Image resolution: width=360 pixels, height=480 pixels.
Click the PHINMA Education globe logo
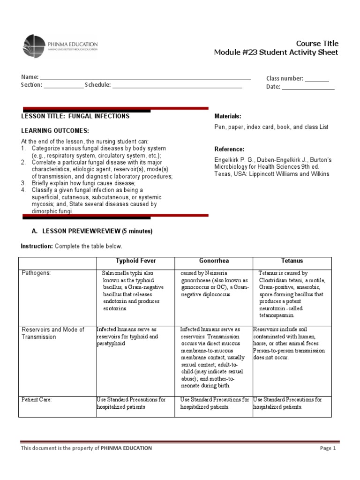[33, 45]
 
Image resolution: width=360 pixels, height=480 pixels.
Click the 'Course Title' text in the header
[317, 43]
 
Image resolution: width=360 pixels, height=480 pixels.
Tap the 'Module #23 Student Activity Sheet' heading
[276, 52]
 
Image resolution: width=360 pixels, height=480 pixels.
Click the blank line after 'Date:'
[308, 88]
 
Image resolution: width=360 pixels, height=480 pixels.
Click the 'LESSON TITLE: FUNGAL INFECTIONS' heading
[75, 116]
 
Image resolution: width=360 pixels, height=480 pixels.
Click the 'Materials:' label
[228, 116]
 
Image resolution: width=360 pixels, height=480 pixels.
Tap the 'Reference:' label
[229, 149]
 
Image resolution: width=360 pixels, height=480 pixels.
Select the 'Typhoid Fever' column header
[135, 261]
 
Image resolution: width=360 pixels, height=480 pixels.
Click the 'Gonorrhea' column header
[214, 261]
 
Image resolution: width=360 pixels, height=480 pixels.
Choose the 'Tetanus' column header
[292, 261]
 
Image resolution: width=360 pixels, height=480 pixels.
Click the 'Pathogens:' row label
[35, 273]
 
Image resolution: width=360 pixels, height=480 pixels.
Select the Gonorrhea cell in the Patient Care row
[214, 404]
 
